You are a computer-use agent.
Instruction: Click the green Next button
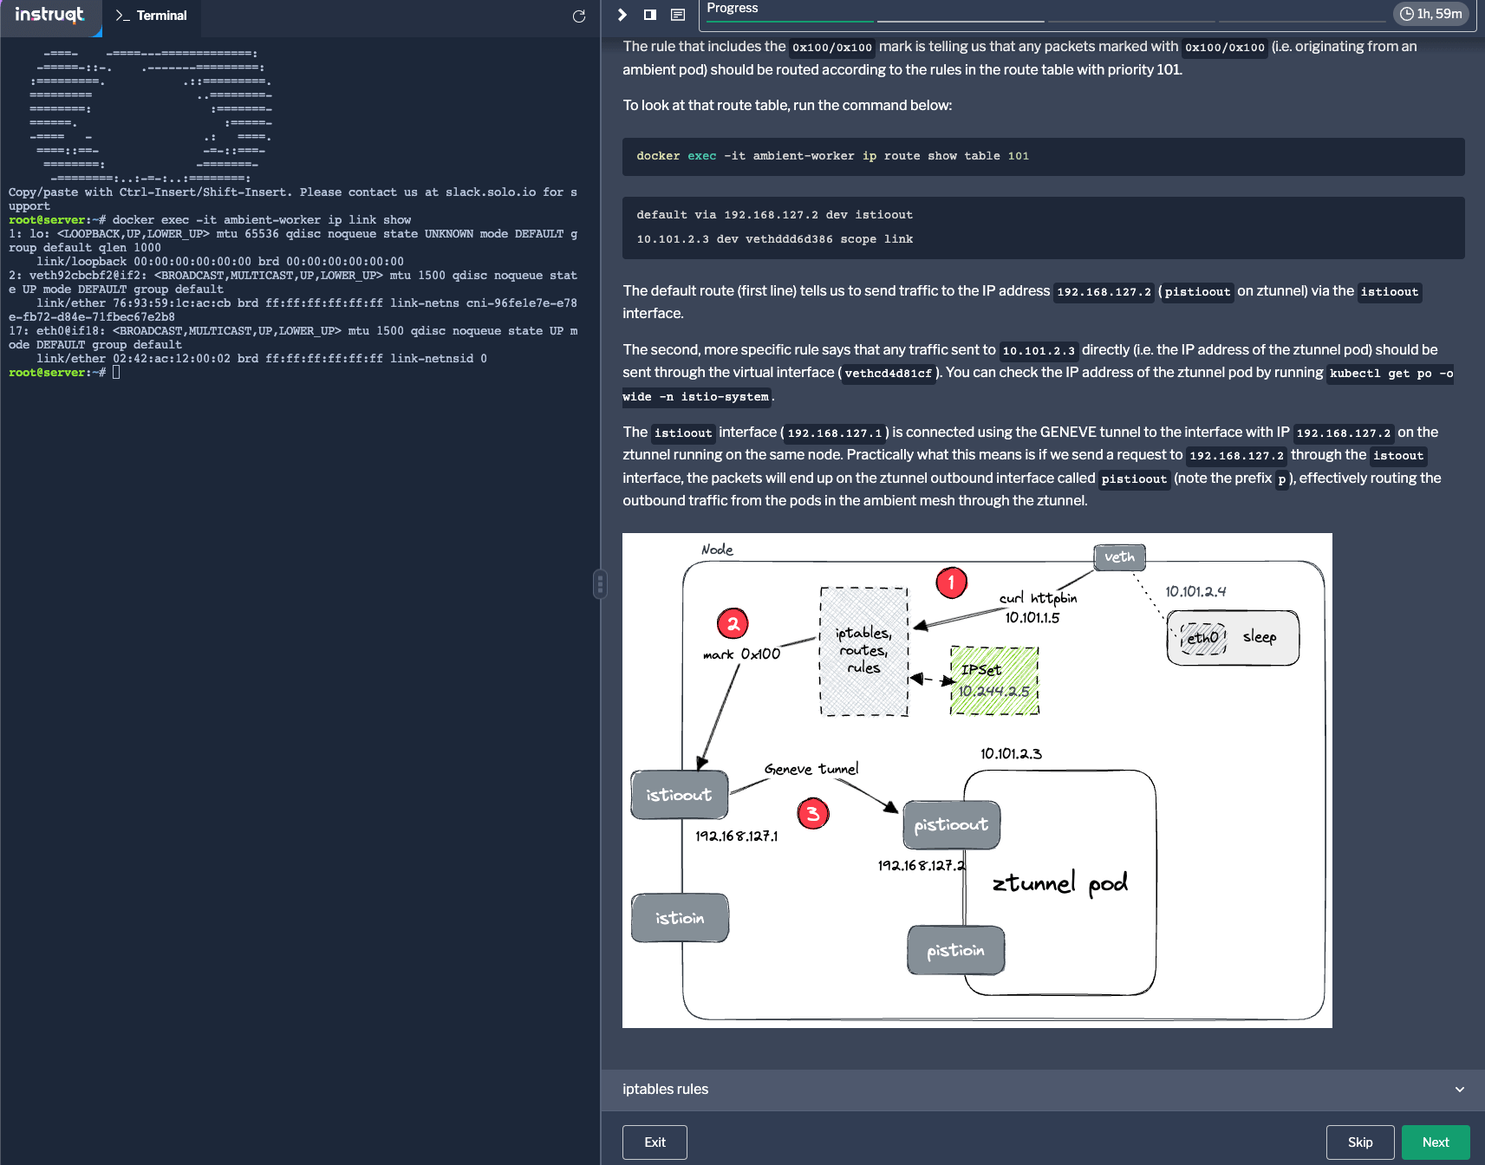pos(1435,1142)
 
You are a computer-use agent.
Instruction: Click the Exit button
pos(655,1142)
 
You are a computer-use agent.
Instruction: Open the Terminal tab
pos(152,16)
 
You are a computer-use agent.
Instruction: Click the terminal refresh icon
pos(579,16)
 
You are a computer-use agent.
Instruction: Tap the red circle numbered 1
pos(951,582)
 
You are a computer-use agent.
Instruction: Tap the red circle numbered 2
pos(733,623)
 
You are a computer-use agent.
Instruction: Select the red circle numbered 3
pos(812,813)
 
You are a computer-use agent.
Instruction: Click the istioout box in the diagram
pos(679,795)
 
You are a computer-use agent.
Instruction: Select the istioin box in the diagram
pos(680,918)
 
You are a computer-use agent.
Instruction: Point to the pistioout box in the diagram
pos(951,824)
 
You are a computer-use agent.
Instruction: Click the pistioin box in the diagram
pos(955,951)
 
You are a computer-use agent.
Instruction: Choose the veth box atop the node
pos(1119,557)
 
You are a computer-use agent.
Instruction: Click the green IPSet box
pos(994,680)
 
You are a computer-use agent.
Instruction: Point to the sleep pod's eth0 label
pos(1203,638)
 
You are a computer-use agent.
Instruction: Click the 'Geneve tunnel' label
pos(811,769)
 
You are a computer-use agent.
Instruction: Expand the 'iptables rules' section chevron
pos(1459,1090)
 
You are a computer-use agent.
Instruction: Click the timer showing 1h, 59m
pos(1430,14)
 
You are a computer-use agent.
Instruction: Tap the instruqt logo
pos(49,15)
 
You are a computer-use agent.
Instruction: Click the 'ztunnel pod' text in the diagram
pos(1059,883)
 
